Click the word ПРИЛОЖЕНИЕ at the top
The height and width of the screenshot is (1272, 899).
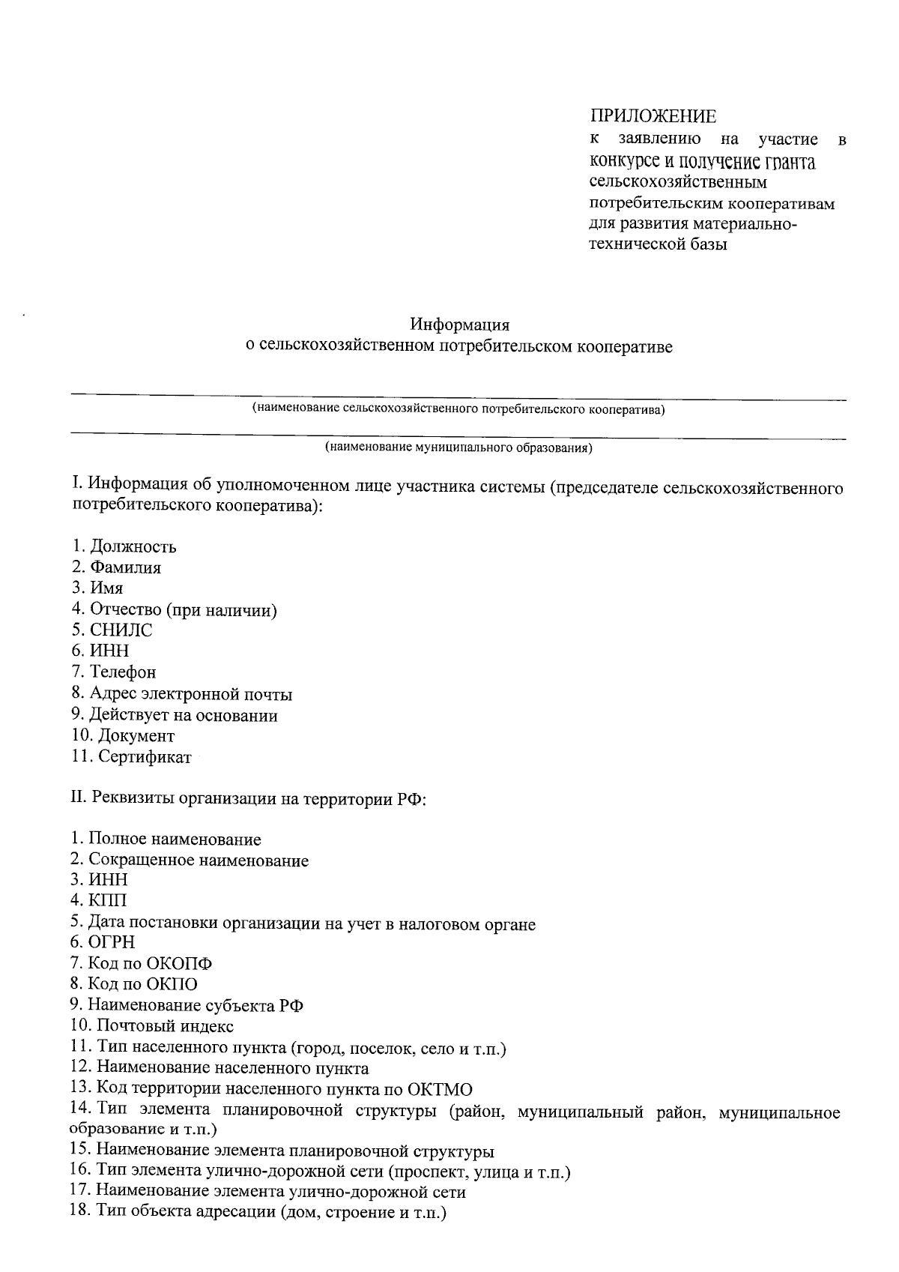click(653, 116)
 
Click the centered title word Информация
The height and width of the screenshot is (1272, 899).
click(459, 325)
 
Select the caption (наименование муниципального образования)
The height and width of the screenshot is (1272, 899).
click(458, 448)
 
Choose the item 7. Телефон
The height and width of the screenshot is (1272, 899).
click(114, 672)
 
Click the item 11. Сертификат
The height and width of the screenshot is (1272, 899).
click(132, 757)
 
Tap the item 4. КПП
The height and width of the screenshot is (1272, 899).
click(99, 900)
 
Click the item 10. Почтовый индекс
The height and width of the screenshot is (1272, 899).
click(153, 1026)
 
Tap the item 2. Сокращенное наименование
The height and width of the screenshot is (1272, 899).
click(190, 860)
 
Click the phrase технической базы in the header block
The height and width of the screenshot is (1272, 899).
click(659, 244)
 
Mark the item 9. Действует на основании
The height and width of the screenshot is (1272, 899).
click(175, 715)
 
